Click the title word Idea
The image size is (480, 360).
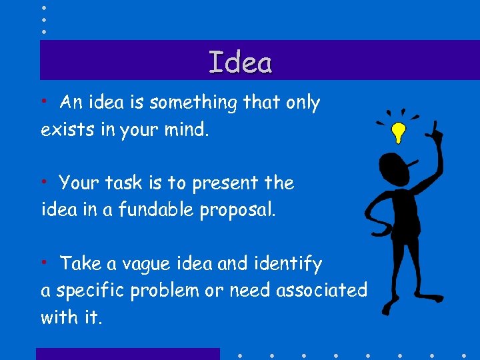[240, 63]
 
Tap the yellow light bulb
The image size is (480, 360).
[398, 132]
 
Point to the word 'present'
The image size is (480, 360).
[225, 183]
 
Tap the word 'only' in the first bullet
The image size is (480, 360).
[303, 103]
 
